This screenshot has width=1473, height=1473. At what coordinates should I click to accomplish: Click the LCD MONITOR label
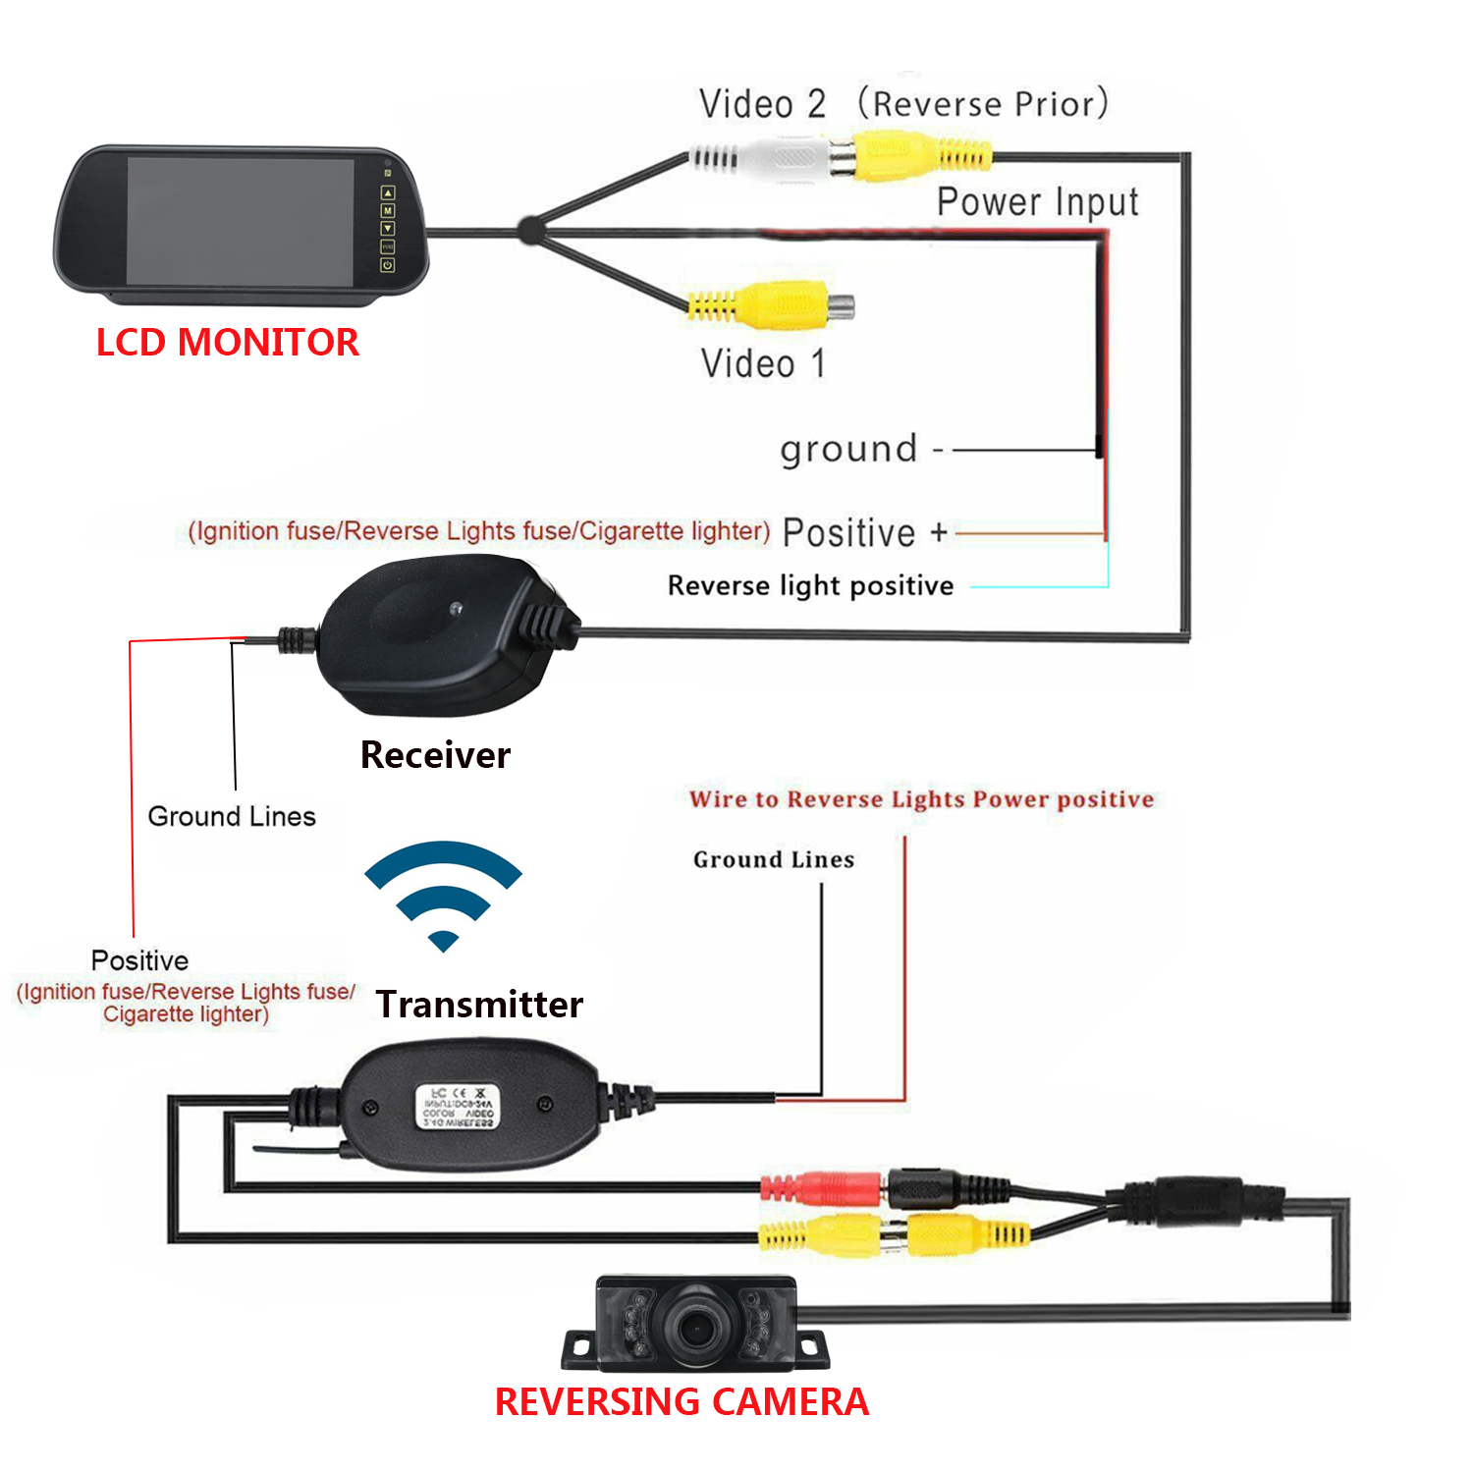227,342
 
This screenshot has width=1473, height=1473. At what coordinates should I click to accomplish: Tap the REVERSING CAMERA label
682,1401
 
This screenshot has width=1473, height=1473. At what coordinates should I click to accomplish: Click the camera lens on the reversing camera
697,1328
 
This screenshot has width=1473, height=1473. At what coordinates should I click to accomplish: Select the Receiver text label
435,754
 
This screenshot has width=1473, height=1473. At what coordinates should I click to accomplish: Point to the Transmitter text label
479,1004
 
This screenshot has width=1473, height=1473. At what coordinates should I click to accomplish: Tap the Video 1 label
763,363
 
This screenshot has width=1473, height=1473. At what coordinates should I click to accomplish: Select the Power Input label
1037,201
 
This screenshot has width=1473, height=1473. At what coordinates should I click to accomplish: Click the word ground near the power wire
848,449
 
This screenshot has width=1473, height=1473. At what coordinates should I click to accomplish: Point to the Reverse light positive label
810,585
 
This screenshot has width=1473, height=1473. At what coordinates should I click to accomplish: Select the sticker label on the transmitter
458,1106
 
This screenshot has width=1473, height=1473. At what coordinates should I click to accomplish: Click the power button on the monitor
388,265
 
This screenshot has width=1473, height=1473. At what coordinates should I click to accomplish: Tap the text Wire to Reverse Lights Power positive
921,798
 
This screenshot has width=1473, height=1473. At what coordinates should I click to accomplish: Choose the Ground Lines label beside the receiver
232,816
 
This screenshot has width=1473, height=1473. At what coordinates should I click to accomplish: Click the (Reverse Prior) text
983,103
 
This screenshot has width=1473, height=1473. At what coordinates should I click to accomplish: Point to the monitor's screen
241,222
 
